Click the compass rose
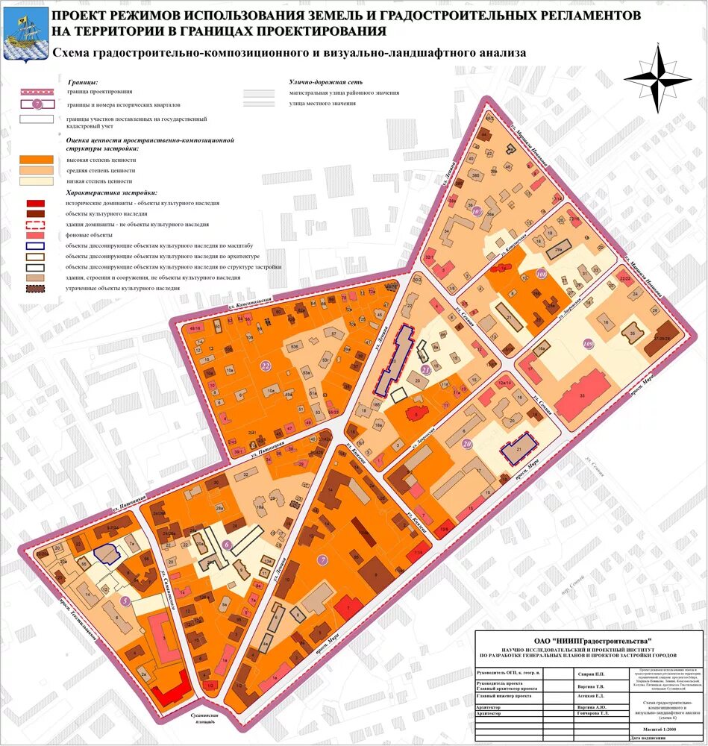[x=660, y=78]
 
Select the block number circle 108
[x=541, y=275]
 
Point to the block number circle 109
[x=589, y=343]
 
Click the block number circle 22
[x=265, y=365]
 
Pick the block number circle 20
[x=467, y=444]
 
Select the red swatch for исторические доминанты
[x=37, y=203]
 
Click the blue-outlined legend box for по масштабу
[x=37, y=245]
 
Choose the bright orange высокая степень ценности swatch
[x=37, y=160]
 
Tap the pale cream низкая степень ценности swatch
[x=37, y=181]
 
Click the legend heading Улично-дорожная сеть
[x=325, y=82]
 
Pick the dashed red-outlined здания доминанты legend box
[x=37, y=224]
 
